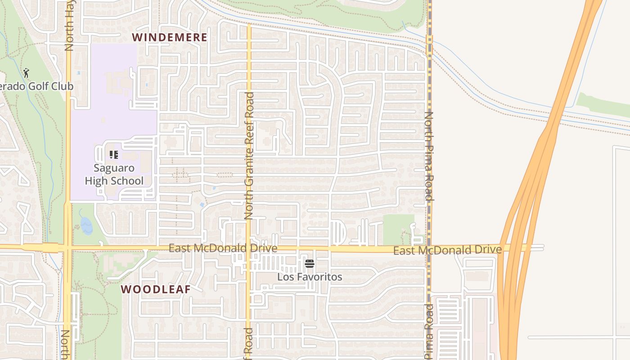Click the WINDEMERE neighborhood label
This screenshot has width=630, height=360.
(x=170, y=37)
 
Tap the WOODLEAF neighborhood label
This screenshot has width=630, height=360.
(x=156, y=289)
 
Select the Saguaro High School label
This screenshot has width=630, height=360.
(x=114, y=175)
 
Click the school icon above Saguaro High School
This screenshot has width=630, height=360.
(x=114, y=155)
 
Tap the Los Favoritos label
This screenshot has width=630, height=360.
(x=310, y=277)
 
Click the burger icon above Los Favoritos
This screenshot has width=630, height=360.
(x=309, y=264)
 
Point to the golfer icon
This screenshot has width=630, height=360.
(x=26, y=73)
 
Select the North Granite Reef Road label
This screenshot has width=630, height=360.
(x=249, y=156)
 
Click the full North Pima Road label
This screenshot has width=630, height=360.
(x=428, y=156)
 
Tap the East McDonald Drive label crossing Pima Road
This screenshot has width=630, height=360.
(x=447, y=250)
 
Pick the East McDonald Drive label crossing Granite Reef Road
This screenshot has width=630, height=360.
(x=223, y=248)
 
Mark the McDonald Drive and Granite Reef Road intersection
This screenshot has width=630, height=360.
(x=248, y=248)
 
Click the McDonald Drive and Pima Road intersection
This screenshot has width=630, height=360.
(x=429, y=249)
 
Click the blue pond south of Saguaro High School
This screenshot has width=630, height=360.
(x=86, y=226)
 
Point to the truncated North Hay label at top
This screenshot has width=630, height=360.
(x=69, y=25)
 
